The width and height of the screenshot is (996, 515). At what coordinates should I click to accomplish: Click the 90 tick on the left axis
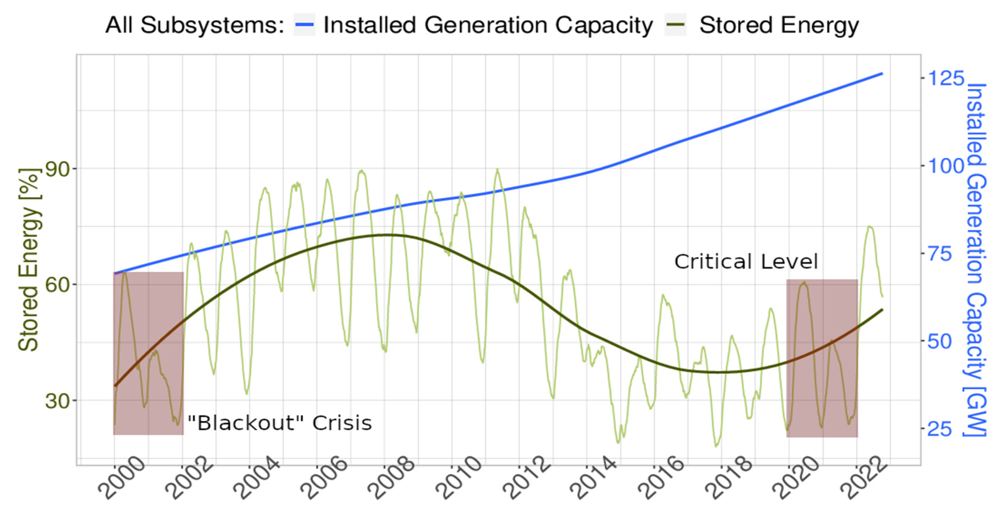[58, 169]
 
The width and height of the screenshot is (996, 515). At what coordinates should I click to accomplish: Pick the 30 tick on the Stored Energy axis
[58, 401]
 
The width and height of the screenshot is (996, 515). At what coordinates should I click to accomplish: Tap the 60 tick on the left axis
[58, 285]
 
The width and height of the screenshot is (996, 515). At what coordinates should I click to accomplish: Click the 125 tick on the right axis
[946, 78]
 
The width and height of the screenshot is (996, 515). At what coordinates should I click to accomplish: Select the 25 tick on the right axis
[940, 428]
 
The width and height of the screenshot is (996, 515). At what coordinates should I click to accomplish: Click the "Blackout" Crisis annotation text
[279, 423]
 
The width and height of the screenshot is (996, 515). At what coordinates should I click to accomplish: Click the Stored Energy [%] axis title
[29, 260]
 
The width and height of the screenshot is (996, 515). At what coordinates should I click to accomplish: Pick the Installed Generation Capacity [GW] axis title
[976, 260]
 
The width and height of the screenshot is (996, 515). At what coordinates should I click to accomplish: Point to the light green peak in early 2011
[498, 170]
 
